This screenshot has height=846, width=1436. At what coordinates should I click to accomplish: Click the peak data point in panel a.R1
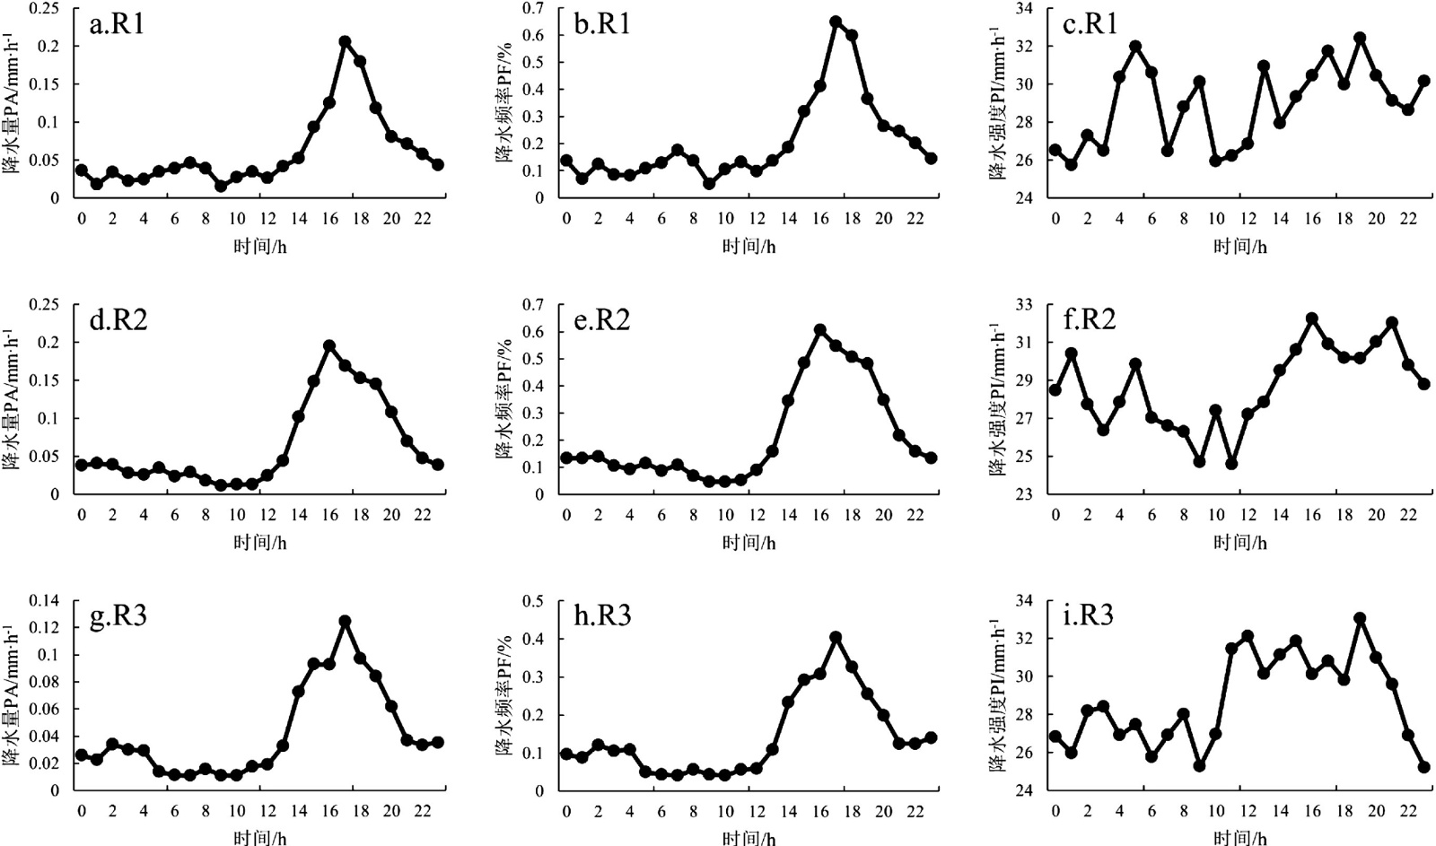pyautogui.click(x=345, y=41)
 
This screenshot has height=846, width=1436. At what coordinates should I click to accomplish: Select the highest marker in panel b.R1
pyautogui.click(x=836, y=22)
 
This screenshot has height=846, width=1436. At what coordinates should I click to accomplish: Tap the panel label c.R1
pyautogui.click(x=1090, y=24)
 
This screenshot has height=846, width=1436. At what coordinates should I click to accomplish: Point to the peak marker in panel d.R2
pyautogui.click(x=329, y=345)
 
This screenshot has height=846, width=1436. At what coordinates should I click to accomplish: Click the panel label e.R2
pyautogui.click(x=601, y=320)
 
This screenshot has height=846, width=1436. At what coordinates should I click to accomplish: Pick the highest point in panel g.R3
pyautogui.click(x=345, y=621)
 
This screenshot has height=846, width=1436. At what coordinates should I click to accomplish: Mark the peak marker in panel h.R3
pyautogui.click(x=836, y=637)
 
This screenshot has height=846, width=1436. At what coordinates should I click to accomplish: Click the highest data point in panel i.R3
pyautogui.click(x=1360, y=618)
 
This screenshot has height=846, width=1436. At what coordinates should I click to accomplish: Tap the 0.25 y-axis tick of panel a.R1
pyautogui.click(x=45, y=8)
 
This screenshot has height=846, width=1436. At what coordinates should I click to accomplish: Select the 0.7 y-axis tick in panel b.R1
pyautogui.click(x=537, y=8)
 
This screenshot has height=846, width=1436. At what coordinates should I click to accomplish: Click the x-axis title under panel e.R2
pyautogui.click(x=749, y=542)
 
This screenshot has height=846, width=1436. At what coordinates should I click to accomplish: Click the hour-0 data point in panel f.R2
pyautogui.click(x=1055, y=389)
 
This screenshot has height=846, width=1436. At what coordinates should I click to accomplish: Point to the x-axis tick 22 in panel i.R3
pyautogui.click(x=1408, y=811)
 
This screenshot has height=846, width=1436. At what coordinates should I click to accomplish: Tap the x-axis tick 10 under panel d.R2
pyautogui.click(x=237, y=515)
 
